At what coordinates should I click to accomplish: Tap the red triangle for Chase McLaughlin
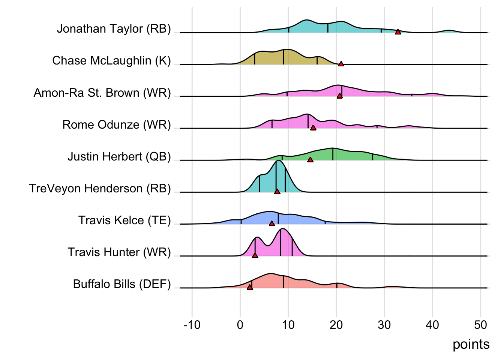point(341,64)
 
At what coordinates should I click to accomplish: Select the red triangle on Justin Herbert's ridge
point(310,160)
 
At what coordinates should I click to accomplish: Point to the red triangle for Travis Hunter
point(255,256)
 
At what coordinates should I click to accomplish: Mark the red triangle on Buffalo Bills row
point(250,288)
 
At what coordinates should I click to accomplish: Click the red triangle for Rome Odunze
point(313,128)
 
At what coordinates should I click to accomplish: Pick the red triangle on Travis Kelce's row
point(272,224)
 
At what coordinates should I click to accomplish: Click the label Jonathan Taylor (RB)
point(114,29)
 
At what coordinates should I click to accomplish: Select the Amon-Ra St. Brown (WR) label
point(102,93)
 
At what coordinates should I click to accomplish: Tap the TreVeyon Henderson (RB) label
point(100,188)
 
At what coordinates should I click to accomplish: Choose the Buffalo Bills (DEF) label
point(122,284)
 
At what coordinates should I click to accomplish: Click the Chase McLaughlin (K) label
point(111,61)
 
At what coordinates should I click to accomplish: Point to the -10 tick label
point(192,325)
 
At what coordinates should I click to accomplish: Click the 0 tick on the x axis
point(240,325)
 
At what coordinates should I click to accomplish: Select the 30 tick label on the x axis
point(384,325)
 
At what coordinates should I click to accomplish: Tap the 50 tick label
point(480,325)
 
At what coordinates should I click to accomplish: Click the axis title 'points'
point(471,344)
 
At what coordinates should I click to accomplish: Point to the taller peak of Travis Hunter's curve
point(283,229)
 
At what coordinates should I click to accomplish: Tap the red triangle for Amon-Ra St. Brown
point(339,96)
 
